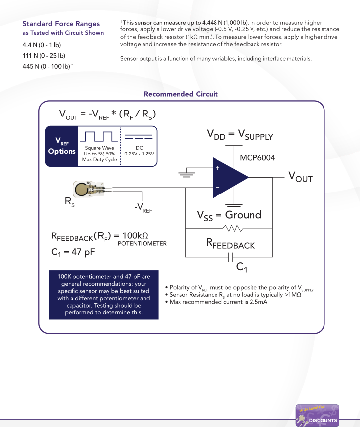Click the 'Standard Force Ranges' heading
(x=61, y=24)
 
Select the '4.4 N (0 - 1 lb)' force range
(x=41, y=45)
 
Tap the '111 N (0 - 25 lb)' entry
(x=44, y=55)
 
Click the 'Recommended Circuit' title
(x=180, y=94)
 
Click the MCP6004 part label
(x=257, y=158)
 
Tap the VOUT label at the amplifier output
(x=300, y=177)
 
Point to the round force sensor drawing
(x=82, y=188)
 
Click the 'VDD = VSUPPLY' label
(x=239, y=135)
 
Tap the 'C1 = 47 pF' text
(x=73, y=252)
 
